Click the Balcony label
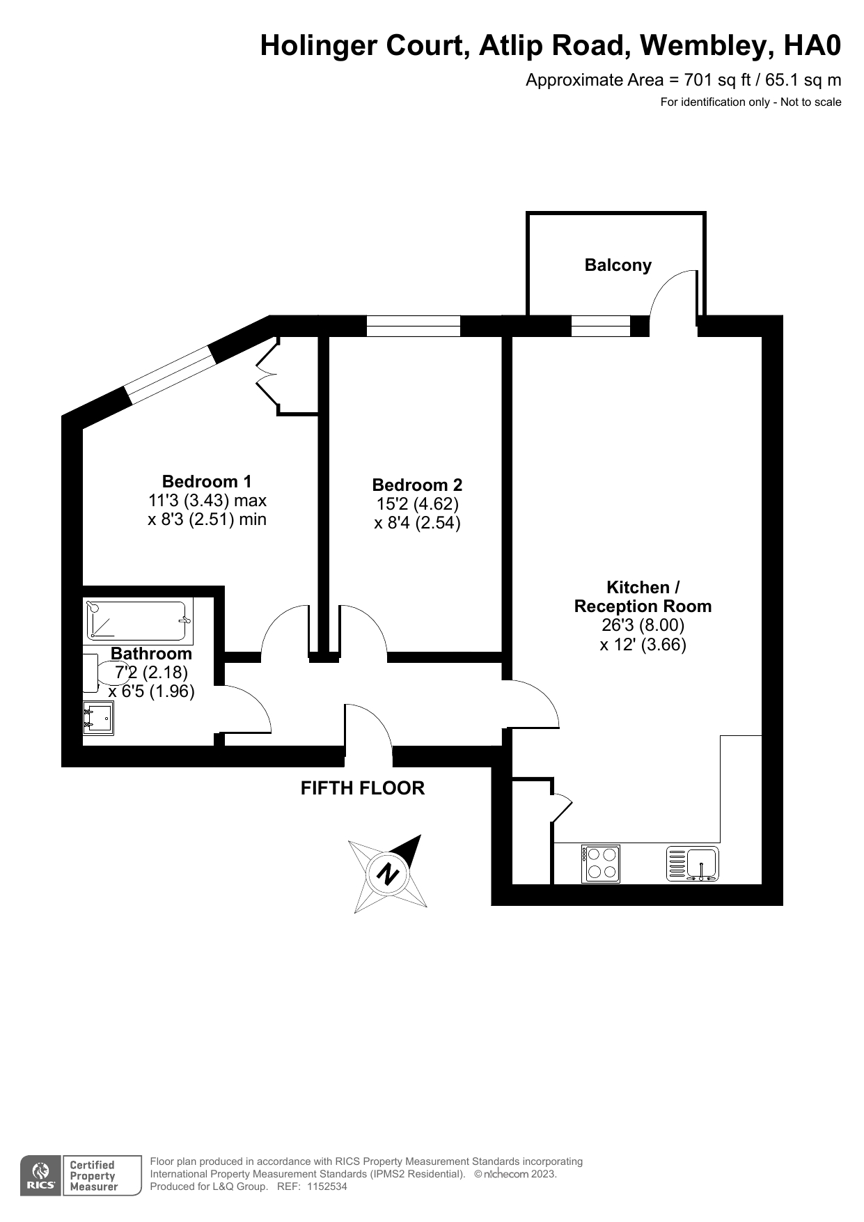coord(618,265)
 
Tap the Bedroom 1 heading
coord(207,481)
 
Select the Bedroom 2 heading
coord(417,485)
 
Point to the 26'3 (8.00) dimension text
coord(643,625)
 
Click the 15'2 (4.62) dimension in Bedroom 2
coord(417,503)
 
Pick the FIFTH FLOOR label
coord(363,788)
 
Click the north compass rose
coord(388,874)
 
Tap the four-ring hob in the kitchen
coord(600,863)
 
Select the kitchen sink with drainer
coord(693,863)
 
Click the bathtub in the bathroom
coord(138,620)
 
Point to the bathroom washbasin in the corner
coord(98,719)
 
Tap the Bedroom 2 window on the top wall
coord(414,326)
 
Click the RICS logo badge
coord(42,1175)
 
